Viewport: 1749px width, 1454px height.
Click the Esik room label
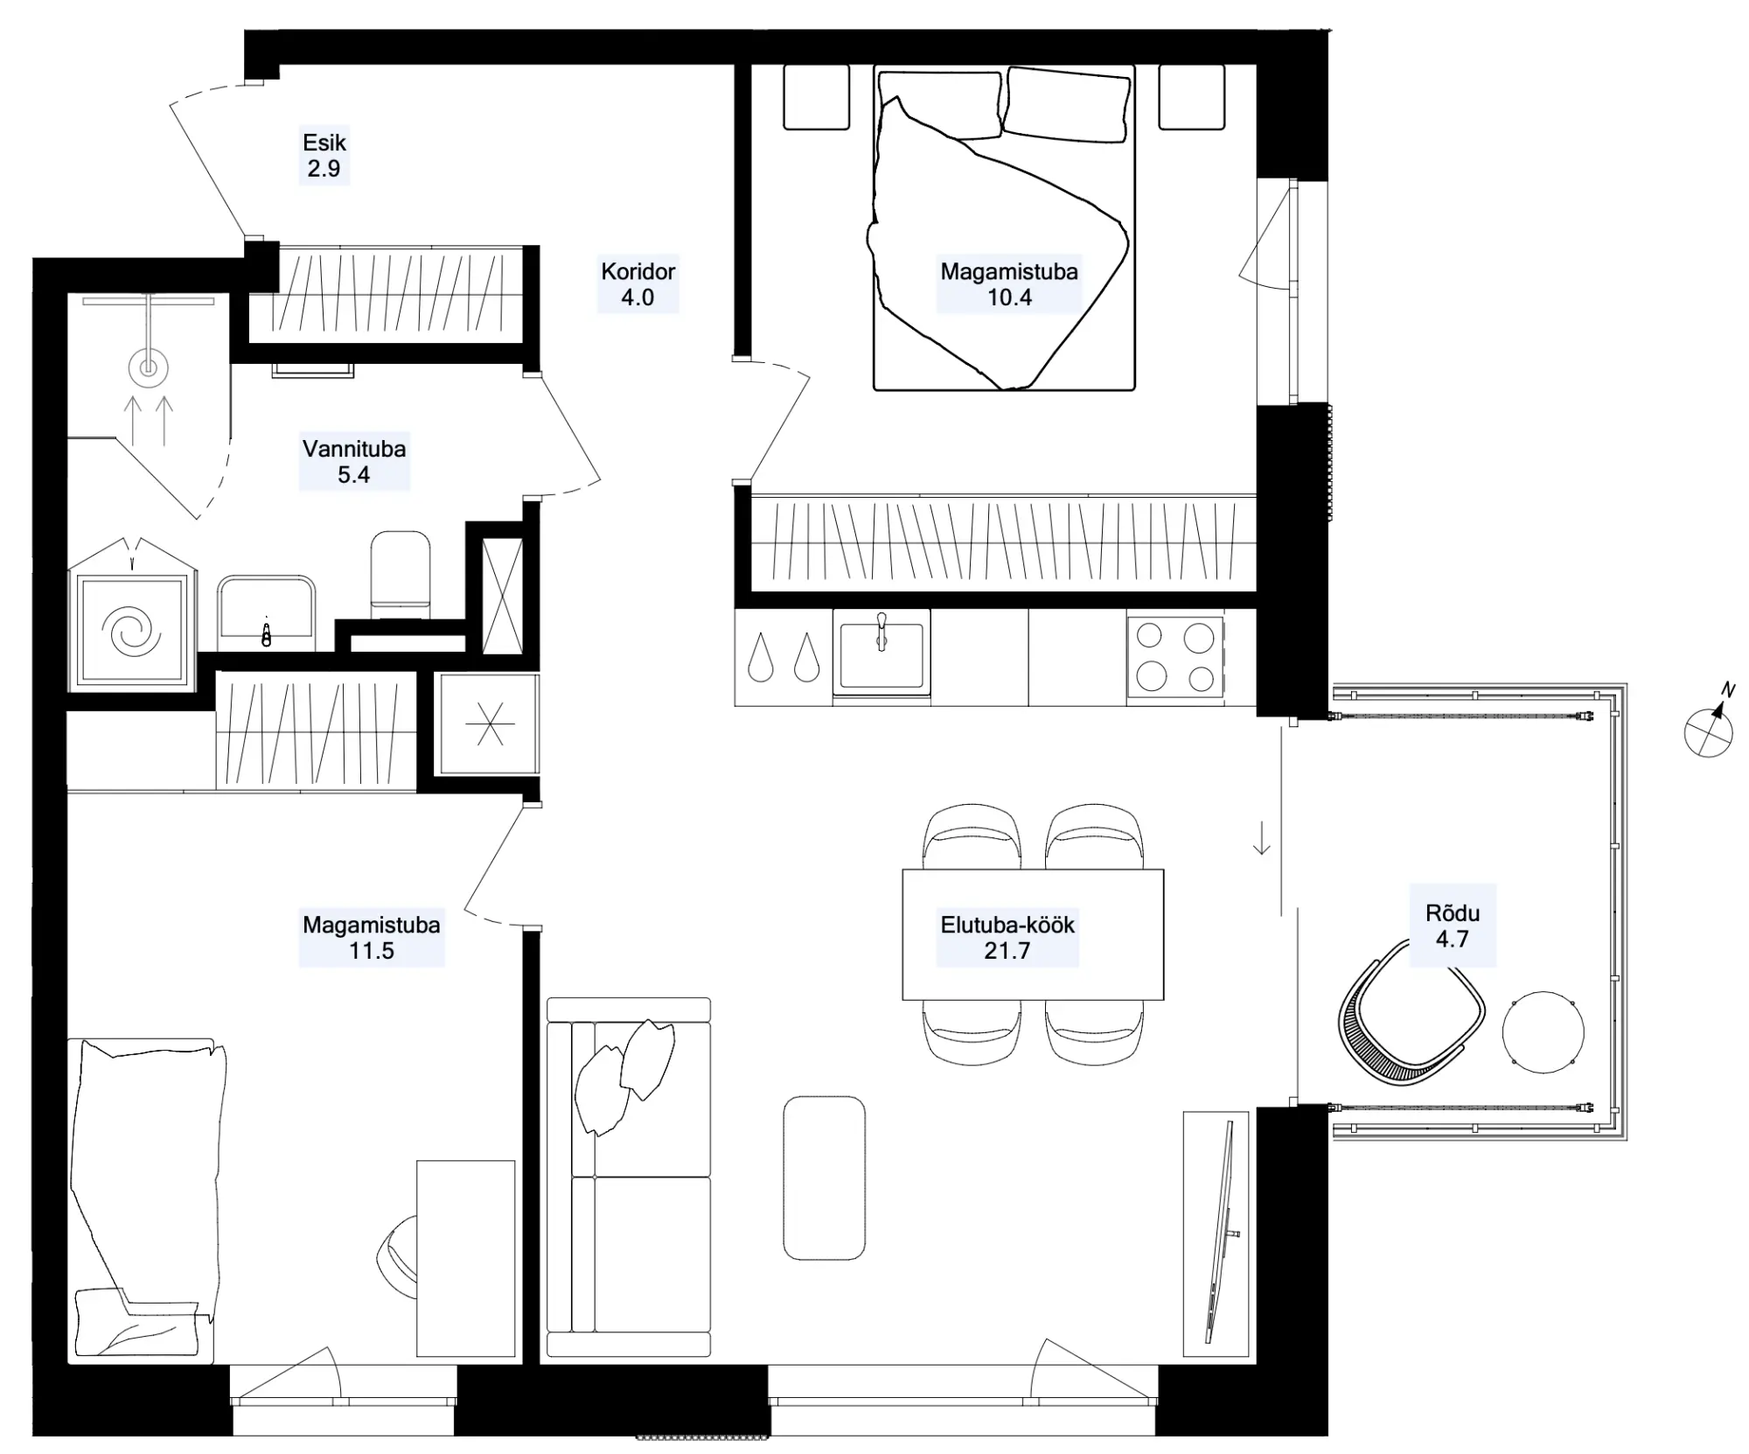coord(324,143)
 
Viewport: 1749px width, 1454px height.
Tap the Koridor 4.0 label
coord(638,284)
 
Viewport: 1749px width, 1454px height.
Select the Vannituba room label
coord(354,449)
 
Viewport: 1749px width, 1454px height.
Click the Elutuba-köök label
coord(1007,925)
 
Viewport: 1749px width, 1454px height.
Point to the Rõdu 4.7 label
coord(1453,926)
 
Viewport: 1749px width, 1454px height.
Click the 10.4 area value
coord(1009,297)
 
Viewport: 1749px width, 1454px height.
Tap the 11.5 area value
coord(372,951)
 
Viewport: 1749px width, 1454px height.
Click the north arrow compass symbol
coord(1710,727)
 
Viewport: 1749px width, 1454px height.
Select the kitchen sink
coord(881,653)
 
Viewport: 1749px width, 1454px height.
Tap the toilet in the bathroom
coord(401,574)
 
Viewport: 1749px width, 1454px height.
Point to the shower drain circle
coord(148,368)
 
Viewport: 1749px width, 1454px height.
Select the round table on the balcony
coord(1543,1032)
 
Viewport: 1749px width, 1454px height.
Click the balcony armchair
coord(1410,1015)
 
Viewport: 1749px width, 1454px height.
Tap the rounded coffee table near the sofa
coord(824,1178)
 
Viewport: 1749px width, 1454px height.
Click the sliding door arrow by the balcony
coord(1261,838)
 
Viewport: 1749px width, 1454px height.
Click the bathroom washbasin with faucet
coord(266,612)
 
